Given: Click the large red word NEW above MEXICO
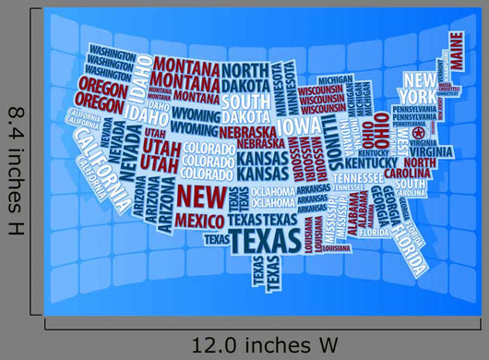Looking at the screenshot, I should [x=201, y=196].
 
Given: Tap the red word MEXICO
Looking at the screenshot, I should [x=199, y=221].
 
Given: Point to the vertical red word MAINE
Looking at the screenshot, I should [x=456, y=52].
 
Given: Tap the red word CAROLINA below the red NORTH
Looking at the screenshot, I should [x=406, y=174].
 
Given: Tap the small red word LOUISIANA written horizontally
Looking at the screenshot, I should [x=337, y=247].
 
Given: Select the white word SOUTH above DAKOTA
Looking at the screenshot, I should [x=244, y=101].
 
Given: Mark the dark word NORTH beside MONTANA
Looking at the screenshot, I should [x=244, y=70].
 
